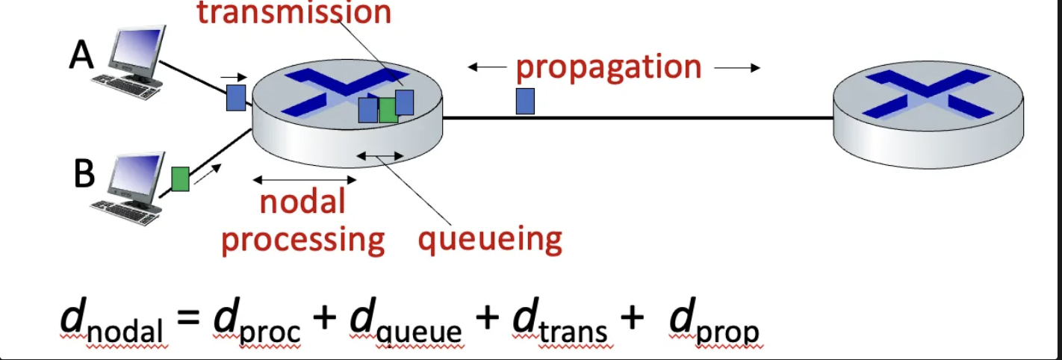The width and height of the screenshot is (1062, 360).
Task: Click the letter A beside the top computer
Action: click(82, 55)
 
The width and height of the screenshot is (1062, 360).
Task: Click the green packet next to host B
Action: click(180, 179)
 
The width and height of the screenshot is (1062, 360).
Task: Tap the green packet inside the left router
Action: click(388, 111)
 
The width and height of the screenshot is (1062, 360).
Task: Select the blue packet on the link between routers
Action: click(525, 101)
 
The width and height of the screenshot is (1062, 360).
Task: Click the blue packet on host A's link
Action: click(236, 97)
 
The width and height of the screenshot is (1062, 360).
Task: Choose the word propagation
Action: click(609, 67)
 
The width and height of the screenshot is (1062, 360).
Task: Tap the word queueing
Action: click(489, 239)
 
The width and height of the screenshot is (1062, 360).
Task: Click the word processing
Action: click(302, 240)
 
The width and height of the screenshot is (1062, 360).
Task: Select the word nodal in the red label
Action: click(302, 202)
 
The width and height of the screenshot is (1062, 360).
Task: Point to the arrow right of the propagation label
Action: click(737, 68)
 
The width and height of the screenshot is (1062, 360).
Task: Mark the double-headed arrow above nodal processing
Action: click(305, 179)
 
